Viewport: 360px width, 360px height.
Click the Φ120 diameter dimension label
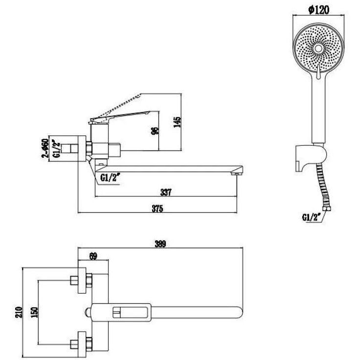point(319,10)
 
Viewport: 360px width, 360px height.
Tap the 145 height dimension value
point(177,122)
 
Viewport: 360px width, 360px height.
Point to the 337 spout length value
point(166,192)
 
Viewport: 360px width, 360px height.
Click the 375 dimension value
point(157,208)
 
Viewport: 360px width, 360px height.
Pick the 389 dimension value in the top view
point(160,244)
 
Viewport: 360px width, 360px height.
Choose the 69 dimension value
point(93,256)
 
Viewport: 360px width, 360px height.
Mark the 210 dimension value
point(19,312)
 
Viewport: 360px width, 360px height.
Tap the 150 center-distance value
point(34,312)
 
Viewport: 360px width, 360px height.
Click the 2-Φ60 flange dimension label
point(45,149)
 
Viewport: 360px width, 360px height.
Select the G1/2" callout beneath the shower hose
point(310,217)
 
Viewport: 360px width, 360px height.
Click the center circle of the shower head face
point(318,48)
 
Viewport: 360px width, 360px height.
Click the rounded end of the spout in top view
point(240,312)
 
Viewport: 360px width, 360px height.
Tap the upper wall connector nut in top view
point(89,280)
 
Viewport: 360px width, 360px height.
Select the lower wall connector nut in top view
point(89,344)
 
